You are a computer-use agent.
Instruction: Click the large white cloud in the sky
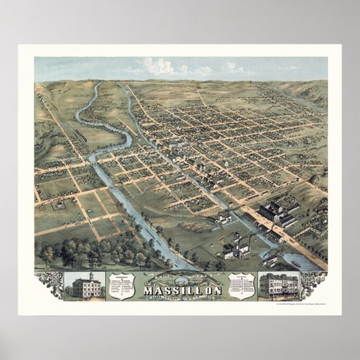click(x=160, y=67)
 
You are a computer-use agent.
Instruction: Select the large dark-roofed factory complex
click(x=276, y=213)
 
